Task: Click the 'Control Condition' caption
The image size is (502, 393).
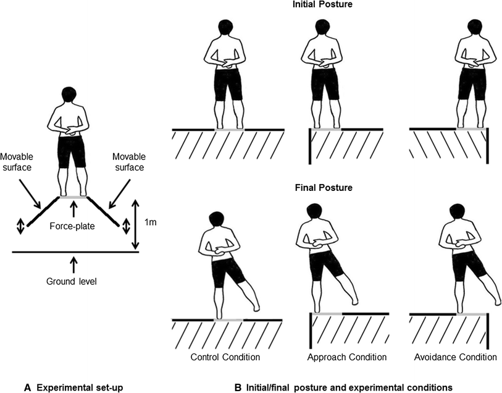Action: coord(225,357)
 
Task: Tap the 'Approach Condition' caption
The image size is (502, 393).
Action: coord(347,357)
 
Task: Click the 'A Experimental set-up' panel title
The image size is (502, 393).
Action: coord(73,387)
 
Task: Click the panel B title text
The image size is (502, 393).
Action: coord(344,387)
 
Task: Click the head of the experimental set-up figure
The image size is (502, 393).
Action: coord(72,96)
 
